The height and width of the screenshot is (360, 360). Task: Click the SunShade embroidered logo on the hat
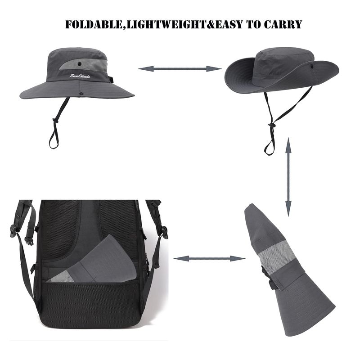[80, 76]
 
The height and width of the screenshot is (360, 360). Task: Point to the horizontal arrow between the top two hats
[180, 68]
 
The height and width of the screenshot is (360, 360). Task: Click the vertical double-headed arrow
[288, 177]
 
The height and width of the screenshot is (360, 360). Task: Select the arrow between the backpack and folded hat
[209, 258]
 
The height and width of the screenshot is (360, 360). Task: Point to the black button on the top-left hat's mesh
[80, 63]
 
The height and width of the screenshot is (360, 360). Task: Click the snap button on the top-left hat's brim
[81, 94]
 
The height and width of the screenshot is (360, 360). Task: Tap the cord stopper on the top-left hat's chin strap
[54, 120]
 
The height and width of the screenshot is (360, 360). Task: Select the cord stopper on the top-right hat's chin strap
[272, 125]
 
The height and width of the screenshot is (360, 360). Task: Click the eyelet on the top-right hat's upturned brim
[312, 66]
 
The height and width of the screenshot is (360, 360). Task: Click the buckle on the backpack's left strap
[13, 230]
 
